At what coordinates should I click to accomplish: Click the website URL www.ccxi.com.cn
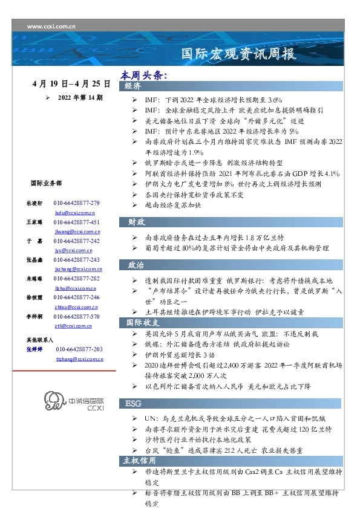[x=51, y=27]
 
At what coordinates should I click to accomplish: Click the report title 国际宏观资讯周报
[x=240, y=54]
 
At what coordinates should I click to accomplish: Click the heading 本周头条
[x=143, y=76]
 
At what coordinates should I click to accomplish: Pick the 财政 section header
[x=136, y=222]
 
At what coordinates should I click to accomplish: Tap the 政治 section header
[x=136, y=265]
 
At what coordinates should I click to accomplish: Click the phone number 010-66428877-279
[x=76, y=203]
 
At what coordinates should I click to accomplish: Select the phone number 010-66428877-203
[x=79, y=349]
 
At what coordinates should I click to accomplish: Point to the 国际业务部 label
[x=46, y=183]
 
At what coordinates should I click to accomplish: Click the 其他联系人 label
[x=40, y=340]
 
